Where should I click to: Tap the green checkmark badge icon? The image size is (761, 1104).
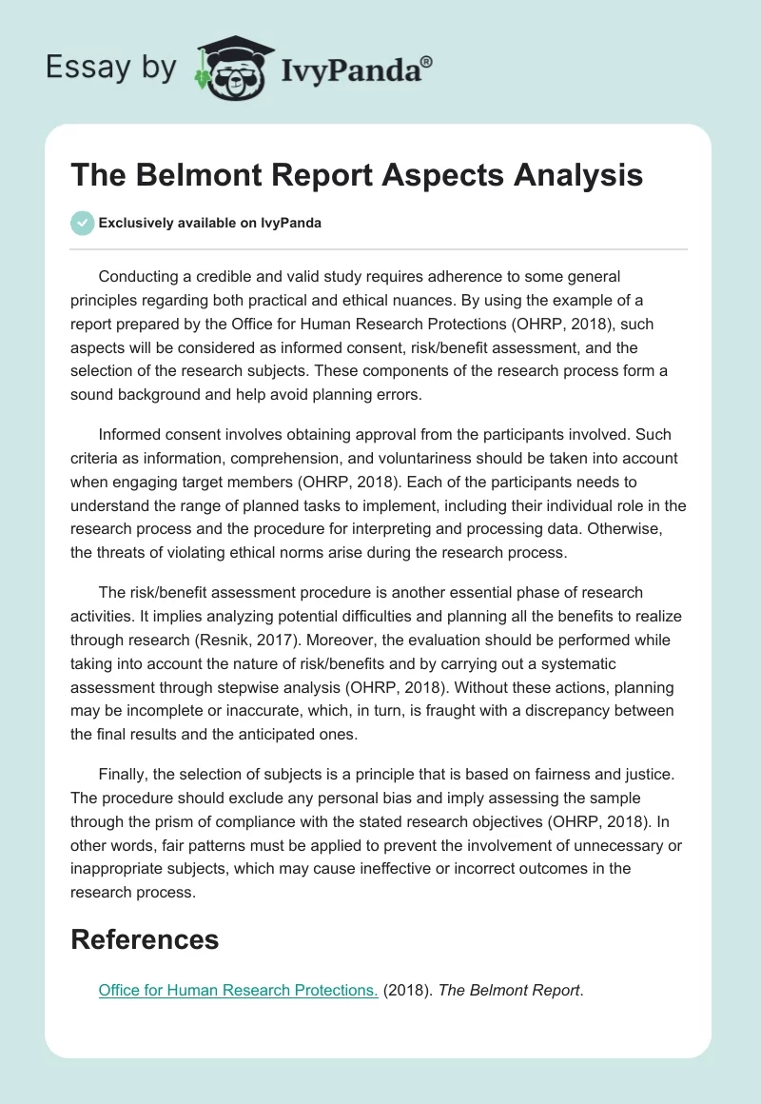point(82,223)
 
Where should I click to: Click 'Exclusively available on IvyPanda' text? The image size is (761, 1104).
point(209,223)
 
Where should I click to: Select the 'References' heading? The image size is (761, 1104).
point(145,939)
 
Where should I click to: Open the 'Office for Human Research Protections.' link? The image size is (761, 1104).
point(238,990)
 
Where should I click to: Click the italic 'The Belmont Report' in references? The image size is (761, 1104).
point(509,990)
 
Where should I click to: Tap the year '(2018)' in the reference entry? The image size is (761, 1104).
point(408,990)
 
